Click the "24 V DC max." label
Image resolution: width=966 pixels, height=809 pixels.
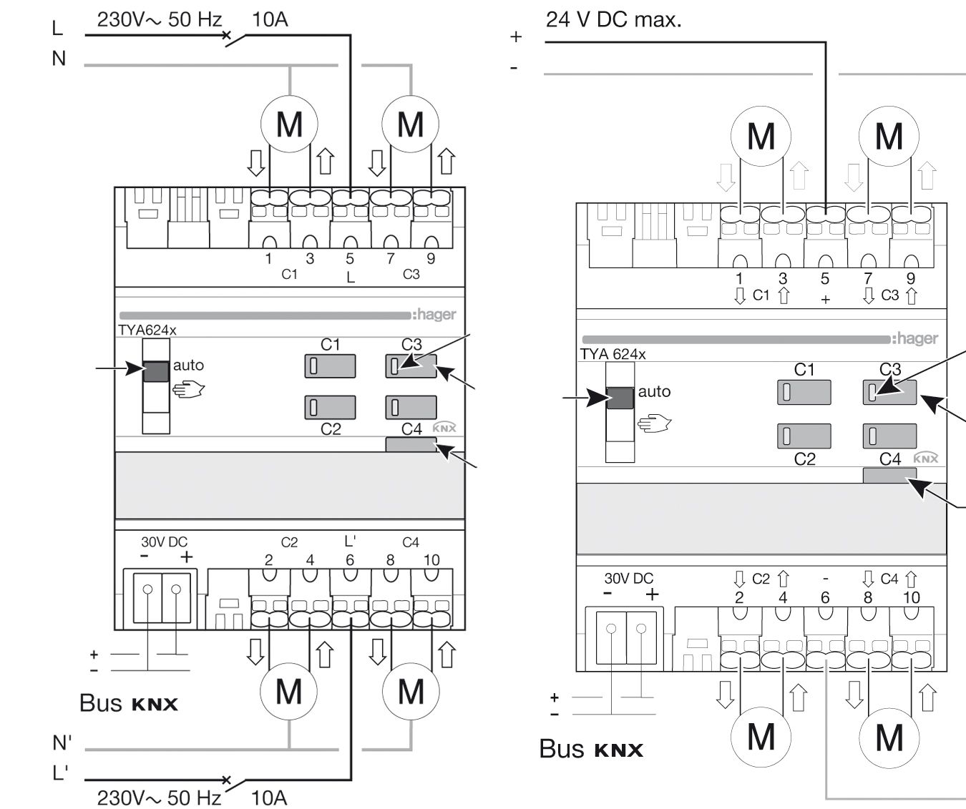pos(613,19)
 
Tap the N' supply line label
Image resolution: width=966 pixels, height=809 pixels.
pos(62,743)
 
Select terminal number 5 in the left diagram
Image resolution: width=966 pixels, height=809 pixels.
pos(350,259)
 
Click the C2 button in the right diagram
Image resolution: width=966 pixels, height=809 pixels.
pos(804,436)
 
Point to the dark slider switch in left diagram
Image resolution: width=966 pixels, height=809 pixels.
pos(157,371)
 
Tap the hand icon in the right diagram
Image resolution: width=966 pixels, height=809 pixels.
pos(653,424)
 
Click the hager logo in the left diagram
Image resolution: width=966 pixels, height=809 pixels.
pos(434,315)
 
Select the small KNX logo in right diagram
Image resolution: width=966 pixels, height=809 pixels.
pos(926,459)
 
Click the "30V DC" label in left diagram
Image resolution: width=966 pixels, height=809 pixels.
pos(164,542)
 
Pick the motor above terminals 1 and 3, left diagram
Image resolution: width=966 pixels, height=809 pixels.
pos(289,124)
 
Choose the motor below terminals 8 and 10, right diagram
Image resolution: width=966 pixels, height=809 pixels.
pos(889,736)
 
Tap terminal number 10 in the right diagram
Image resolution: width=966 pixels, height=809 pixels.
pos(911,597)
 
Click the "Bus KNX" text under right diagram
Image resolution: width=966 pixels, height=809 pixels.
pos(591,749)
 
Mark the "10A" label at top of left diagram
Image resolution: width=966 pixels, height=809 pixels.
pos(270,19)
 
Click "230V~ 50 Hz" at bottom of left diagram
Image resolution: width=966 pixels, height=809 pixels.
pos(160,797)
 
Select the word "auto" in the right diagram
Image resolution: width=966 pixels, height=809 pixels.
pos(654,391)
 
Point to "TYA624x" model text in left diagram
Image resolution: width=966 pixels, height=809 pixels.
pos(147,330)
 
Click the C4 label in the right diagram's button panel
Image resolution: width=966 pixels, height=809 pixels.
pos(889,459)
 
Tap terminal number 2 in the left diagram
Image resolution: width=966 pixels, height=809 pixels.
pos(269,560)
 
